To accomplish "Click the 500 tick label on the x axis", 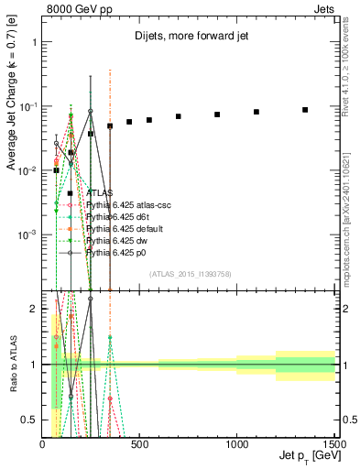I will tap(140, 444).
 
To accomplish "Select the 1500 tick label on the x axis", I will tap(334, 444).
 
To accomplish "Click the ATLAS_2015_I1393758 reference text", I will tap(191, 273).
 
